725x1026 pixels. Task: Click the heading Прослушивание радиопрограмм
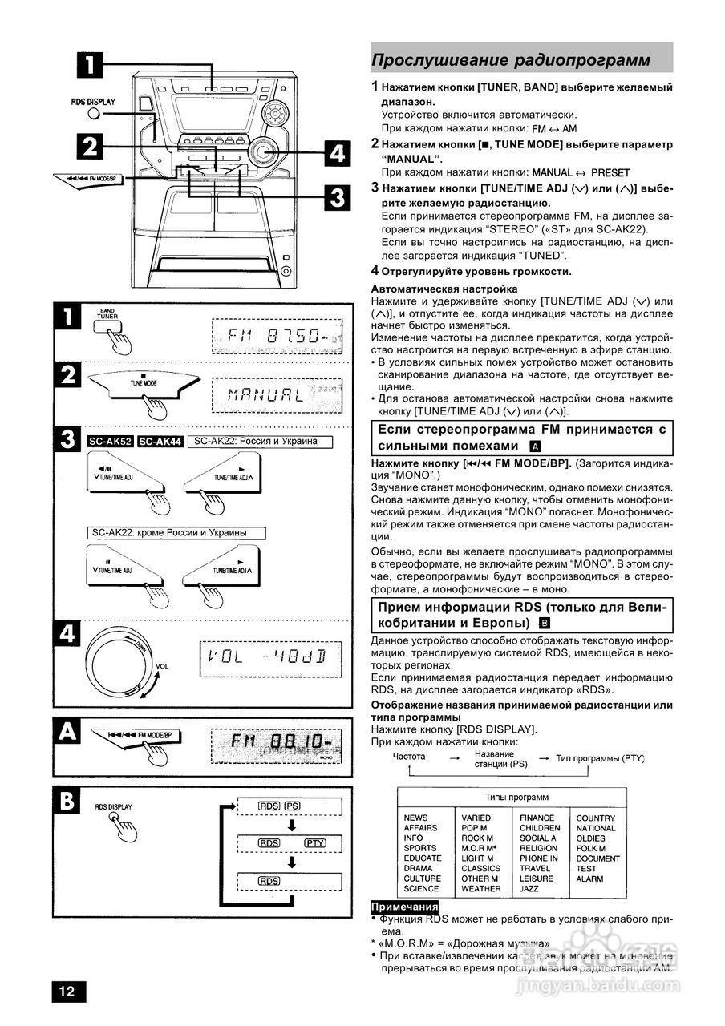coord(510,61)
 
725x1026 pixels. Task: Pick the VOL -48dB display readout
coord(270,659)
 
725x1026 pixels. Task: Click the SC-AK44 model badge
coord(159,442)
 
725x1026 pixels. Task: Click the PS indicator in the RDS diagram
coord(293,806)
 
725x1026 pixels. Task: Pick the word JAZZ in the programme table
coord(529,888)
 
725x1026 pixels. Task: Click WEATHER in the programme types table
coord(481,888)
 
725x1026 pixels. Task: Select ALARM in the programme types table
coord(589,879)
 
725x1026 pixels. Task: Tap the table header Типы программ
coord(511,798)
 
